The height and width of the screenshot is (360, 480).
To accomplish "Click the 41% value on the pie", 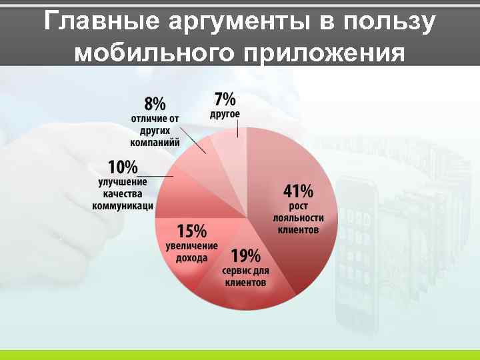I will click(298, 192).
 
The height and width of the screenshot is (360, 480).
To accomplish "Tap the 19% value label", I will click(245, 256).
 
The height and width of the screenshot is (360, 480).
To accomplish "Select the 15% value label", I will click(191, 232).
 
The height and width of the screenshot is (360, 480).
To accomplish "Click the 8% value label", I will click(155, 104).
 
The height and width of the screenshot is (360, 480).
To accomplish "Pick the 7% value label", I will click(225, 99).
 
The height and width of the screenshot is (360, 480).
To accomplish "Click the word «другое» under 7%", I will click(225, 114).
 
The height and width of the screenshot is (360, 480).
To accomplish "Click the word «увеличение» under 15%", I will click(191, 246).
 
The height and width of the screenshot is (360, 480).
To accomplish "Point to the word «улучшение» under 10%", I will click(123, 181).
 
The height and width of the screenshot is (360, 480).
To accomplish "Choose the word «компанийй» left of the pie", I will click(155, 142).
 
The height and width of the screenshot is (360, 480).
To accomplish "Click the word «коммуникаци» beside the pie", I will click(123, 206).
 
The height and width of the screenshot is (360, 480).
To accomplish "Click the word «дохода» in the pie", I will click(191, 258).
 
